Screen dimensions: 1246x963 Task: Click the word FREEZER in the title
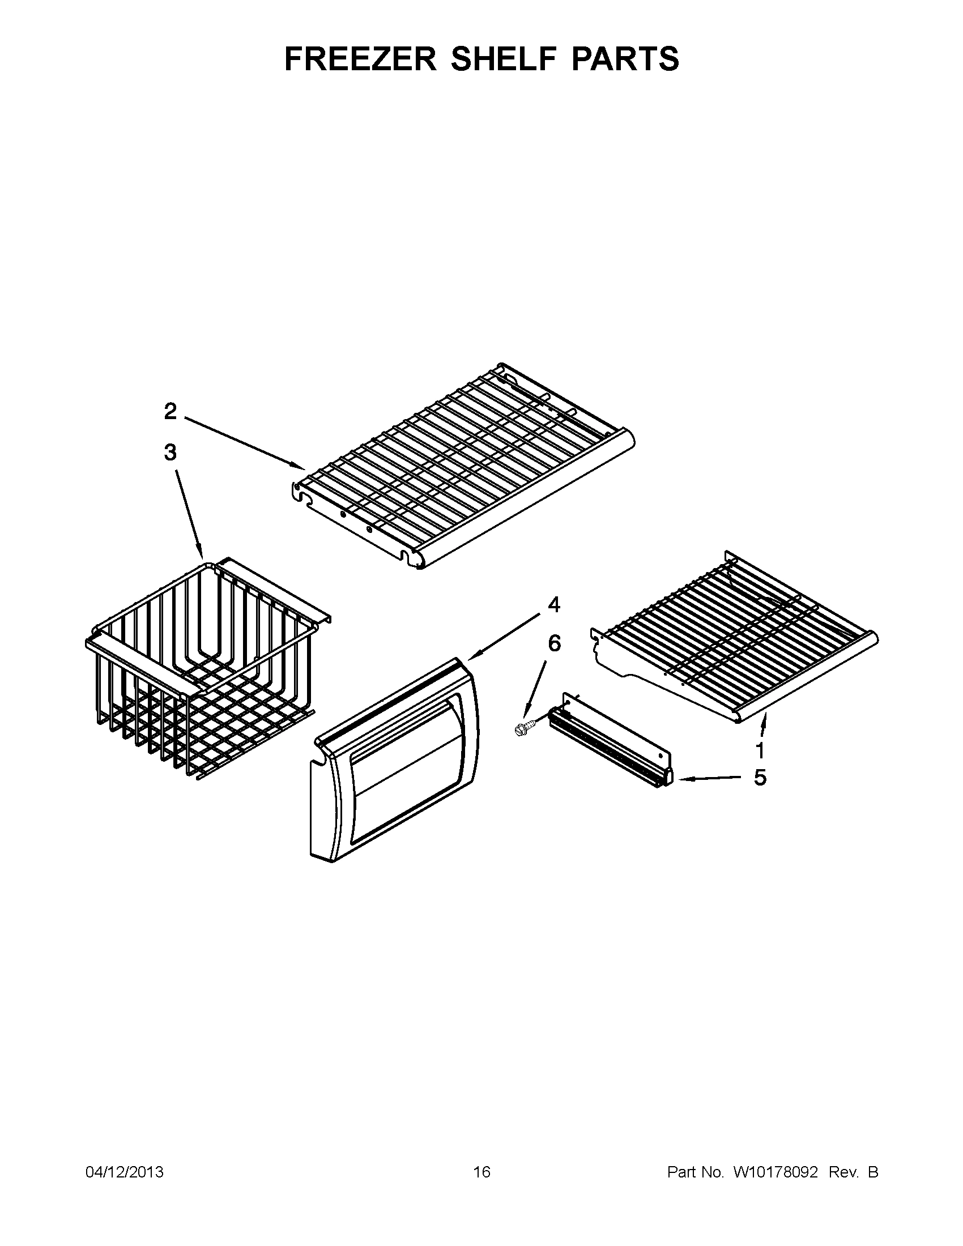click(x=360, y=59)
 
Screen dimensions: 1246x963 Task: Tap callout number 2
click(x=171, y=411)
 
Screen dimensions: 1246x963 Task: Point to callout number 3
click(x=171, y=453)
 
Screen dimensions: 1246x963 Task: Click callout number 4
click(x=554, y=605)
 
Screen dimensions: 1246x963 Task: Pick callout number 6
click(x=554, y=643)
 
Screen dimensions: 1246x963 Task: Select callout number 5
click(x=760, y=778)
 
